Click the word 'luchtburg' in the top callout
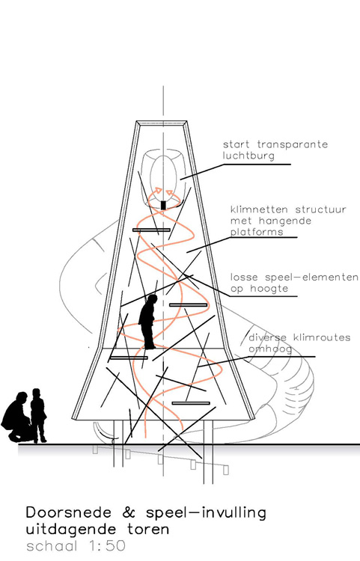[248, 156]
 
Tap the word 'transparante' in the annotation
[292, 144]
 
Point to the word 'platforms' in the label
[257, 232]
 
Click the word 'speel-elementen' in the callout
[311, 278]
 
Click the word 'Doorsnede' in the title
[69, 512]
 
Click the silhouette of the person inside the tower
[148, 322]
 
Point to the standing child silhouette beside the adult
[37, 415]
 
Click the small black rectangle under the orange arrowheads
[163, 205]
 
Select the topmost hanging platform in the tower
[151, 230]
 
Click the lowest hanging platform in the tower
[191, 403]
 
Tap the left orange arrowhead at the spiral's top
[157, 191]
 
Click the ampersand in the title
[129, 512]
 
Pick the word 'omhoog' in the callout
[270, 349]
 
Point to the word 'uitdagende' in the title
[71, 529]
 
